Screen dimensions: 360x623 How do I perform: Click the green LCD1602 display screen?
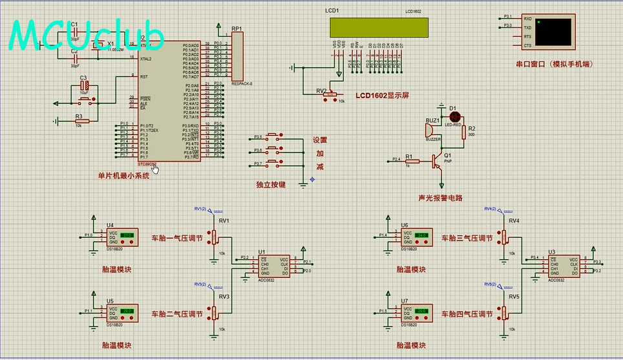[378, 27]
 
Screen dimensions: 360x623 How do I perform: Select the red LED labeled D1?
[454, 116]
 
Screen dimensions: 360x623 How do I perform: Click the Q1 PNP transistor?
[439, 159]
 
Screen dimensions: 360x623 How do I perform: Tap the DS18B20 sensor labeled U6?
[416, 238]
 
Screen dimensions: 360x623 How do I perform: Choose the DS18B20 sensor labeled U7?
[416, 313]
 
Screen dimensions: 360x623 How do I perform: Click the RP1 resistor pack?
[237, 57]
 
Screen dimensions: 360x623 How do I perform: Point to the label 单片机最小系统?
[123, 176]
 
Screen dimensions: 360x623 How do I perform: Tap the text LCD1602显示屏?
[382, 96]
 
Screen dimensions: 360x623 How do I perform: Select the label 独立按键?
[271, 185]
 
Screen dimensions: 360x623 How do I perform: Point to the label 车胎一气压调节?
[176, 238]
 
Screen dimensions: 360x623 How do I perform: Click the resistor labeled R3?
[79, 120]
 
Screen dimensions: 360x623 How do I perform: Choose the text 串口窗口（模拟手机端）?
[554, 65]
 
